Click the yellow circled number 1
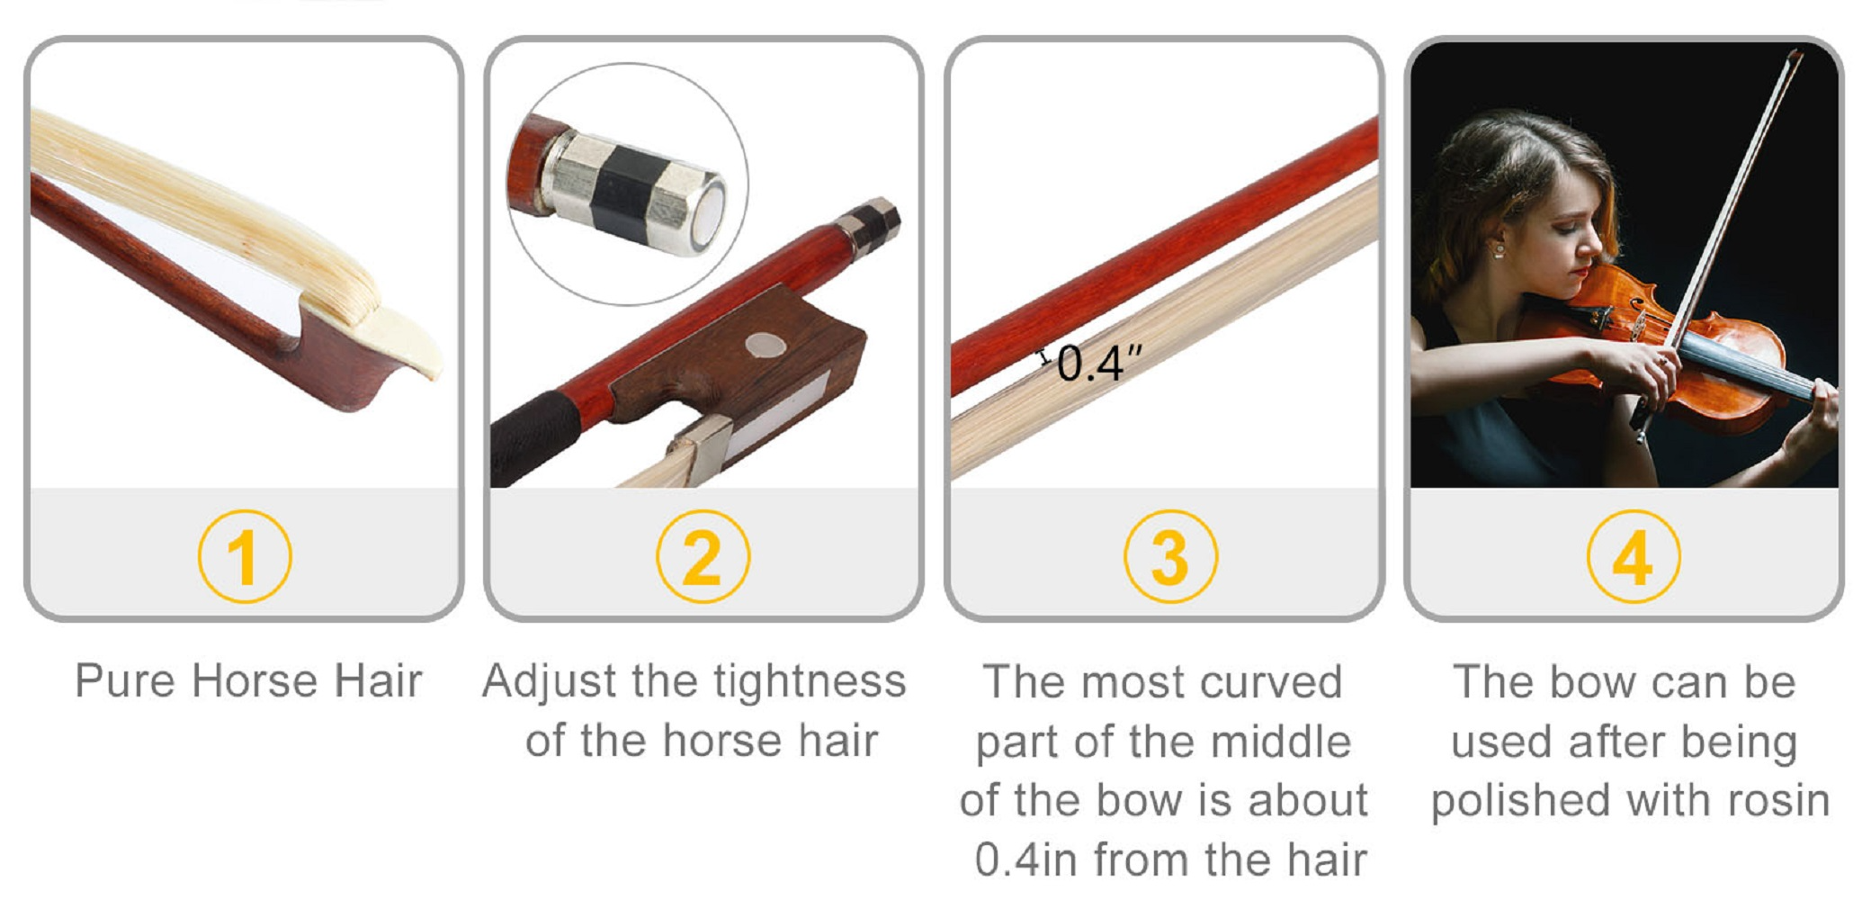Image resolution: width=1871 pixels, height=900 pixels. [x=244, y=556]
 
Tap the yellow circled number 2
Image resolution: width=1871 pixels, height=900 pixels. [x=703, y=556]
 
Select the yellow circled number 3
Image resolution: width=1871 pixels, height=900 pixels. [x=1170, y=556]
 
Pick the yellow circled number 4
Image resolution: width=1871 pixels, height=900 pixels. [x=1633, y=556]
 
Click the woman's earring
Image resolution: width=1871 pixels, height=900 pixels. [x=1499, y=249]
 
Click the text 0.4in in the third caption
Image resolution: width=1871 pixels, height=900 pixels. [x=1026, y=859]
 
